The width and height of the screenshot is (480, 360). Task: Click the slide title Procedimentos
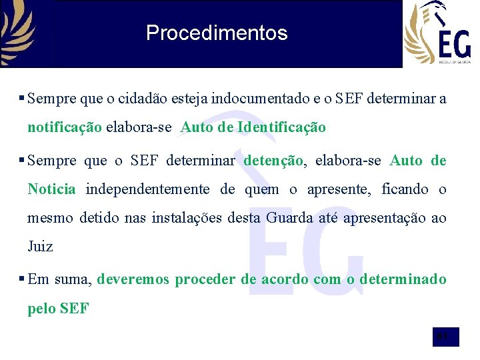point(217,33)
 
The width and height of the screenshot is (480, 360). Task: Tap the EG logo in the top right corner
point(437,33)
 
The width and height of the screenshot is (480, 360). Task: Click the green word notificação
point(65,127)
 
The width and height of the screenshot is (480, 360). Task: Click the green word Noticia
point(51,189)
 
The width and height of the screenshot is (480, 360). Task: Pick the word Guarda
point(288,218)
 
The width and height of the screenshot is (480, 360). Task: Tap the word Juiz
point(40,247)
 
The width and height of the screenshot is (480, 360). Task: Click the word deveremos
point(133,279)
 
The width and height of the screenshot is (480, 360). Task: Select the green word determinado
point(403,279)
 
